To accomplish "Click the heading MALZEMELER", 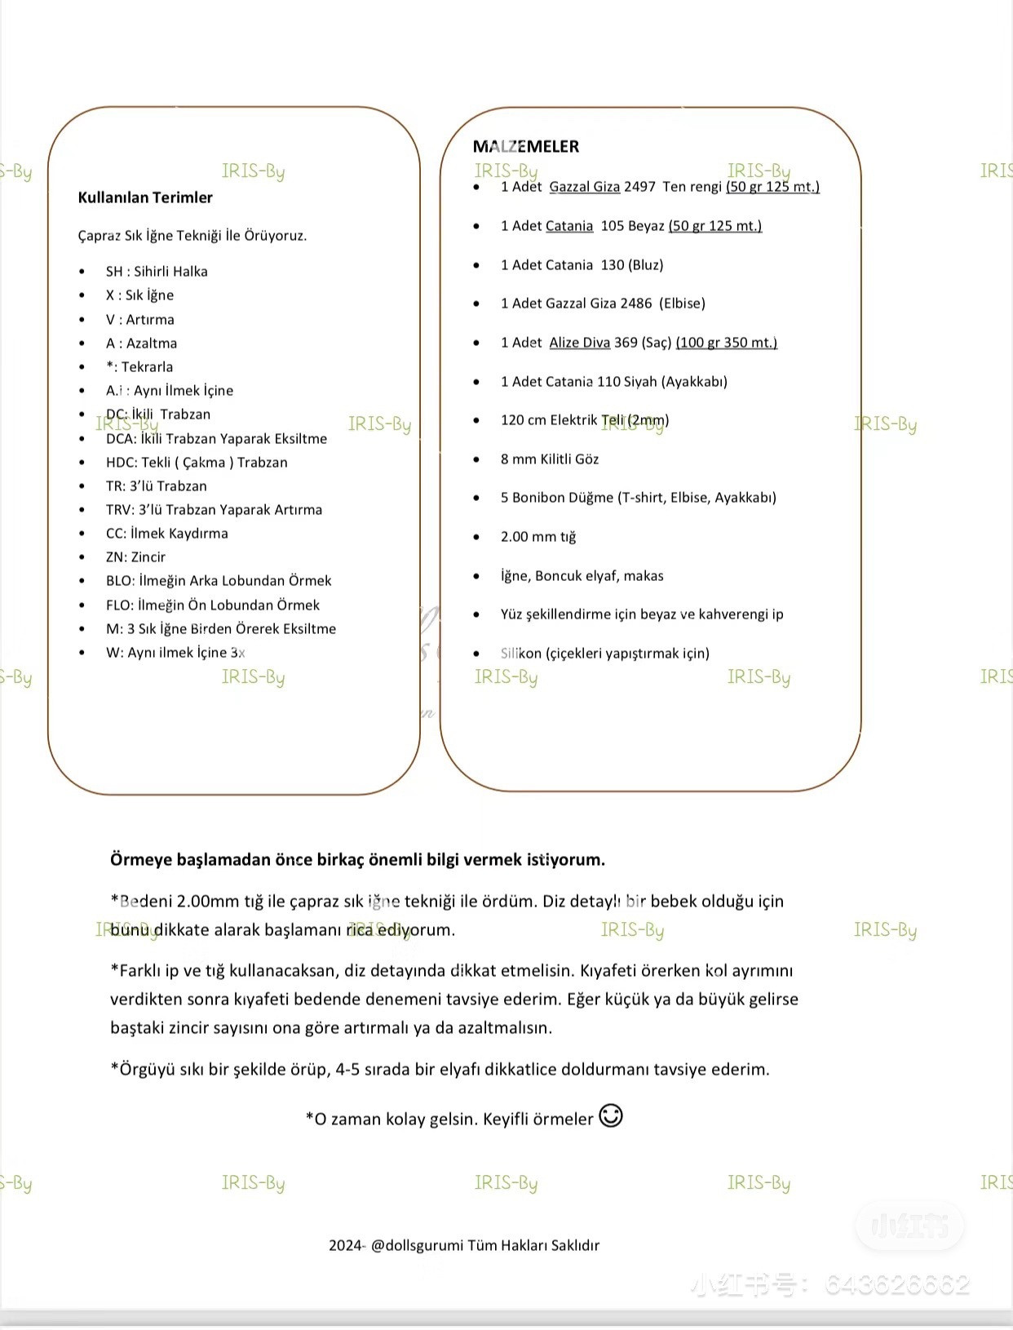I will pos(526,147).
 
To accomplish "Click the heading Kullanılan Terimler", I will pos(145,197).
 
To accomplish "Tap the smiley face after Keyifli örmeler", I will pos(611,1115).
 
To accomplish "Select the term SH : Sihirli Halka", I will pos(157,272).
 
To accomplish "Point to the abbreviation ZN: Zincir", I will pos(135,557).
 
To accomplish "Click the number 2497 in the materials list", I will pos(639,187).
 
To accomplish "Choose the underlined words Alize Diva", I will pos(580,343).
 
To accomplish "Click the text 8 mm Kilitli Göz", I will pos(550,459).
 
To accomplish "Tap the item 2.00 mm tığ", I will pos(538,537).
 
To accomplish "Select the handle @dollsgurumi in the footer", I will pos(417,1245).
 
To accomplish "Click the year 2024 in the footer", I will pos(345,1245).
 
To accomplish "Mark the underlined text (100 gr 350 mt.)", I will pos(726,343).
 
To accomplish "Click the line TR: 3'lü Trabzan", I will pos(157,486).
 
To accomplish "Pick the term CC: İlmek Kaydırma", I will pos(167,534).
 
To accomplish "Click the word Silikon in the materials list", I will pos(521,654).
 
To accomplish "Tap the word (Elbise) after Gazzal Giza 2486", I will pos(682,304).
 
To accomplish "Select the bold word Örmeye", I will pos(140,860).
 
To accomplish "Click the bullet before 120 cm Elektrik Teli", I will pos(476,421).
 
